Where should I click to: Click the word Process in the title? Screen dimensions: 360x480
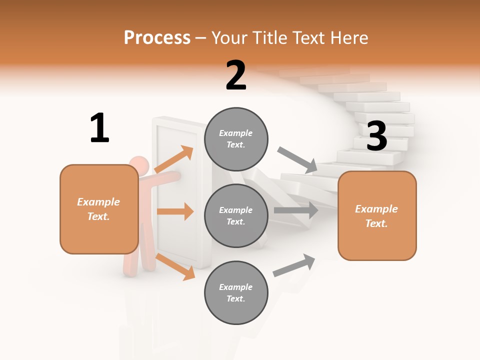click(x=157, y=38)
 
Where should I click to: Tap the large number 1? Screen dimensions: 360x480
click(x=99, y=128)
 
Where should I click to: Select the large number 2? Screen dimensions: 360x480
click(x=236, y=75)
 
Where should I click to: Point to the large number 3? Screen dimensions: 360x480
click(x=377, y=136)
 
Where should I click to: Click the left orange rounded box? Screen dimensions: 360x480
click(x=99, y=209)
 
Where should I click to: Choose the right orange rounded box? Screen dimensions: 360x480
click(x=377, y=216)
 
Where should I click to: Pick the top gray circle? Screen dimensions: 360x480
click(x=236, y=139)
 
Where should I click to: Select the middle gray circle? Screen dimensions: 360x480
click(x=236, y=215)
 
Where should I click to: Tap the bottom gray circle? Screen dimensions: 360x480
click(x=236, y=292)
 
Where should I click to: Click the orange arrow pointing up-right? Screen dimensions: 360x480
click(x=174, y=159)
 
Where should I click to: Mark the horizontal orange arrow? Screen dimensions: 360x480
click(x=175, y=211)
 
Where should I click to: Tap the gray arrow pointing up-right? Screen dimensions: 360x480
click(x=294, y=265)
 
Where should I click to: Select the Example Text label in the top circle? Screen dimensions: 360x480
click(x=236, y=139)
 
